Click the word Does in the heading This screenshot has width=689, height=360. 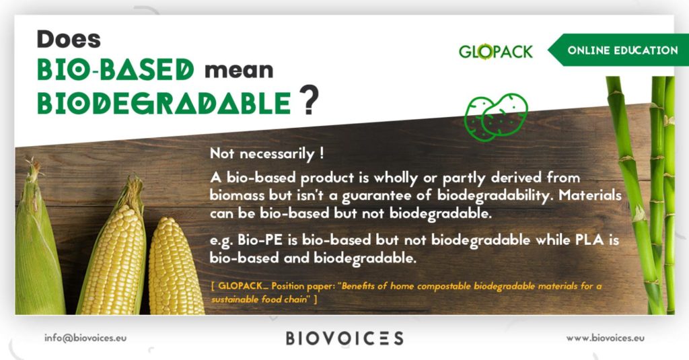69,39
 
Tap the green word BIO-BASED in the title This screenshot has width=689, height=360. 116,69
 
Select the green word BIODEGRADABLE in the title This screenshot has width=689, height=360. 164,103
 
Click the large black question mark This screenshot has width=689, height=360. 309,100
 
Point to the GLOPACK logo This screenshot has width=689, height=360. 496,51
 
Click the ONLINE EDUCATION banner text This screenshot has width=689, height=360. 622,50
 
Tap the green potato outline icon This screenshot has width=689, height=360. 496,117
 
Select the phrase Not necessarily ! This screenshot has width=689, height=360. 267,153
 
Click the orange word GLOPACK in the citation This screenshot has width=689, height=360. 240,286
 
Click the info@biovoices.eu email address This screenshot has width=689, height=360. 85,338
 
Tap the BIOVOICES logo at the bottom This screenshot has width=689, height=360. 344,338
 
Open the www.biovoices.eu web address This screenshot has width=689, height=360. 606,338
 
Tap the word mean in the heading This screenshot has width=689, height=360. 239,71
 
